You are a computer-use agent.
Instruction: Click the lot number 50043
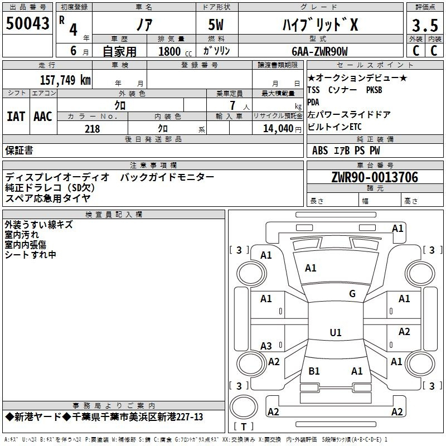coord(27,23)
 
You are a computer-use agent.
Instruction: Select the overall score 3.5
coord(425,25)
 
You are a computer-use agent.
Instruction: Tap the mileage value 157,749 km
coord(65,80)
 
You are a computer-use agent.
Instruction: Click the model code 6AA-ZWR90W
coord(319,51)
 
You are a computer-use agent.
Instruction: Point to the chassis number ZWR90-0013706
coord(375,177)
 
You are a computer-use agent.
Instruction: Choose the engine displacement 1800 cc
coord(175,52)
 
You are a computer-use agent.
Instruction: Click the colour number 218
coord(92,129)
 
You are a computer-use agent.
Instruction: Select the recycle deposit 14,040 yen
coord(282,129)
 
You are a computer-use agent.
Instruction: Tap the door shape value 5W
coord(216,25)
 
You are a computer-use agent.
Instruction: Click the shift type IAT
coord(16,117)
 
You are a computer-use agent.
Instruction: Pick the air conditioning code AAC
coord(43,117)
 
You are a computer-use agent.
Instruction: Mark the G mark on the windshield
coord(352,293)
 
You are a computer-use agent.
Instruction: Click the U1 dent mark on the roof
coord(336,332)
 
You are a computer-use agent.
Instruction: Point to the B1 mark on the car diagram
coord(314,371)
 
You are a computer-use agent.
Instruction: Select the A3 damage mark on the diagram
coord(266,346)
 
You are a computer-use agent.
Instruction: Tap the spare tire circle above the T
coord(244,407)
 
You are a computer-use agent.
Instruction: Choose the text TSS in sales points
coord(313,90)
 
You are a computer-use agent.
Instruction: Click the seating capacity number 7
coord(232,105)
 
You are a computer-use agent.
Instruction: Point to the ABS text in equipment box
coord(320,151)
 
